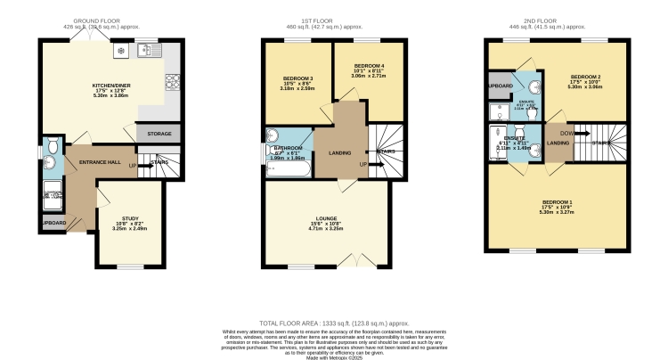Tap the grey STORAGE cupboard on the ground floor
coord(157,133)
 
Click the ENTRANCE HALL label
coord(99,162)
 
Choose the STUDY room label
coord(130,217)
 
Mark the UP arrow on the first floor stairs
coord(363,164)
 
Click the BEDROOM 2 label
coord(585,78)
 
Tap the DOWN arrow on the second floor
coord(567,135)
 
